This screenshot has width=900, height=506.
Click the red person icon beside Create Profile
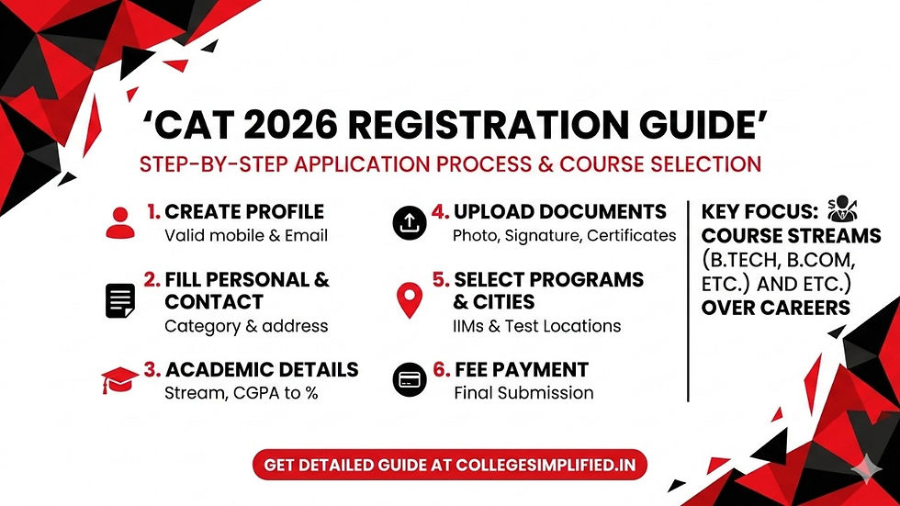pos(120,222)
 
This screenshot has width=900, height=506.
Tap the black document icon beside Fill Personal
pos(120,300)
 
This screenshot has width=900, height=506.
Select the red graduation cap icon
pos(120,379)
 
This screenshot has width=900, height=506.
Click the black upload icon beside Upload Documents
pos(409,221)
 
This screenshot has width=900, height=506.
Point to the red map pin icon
pos(409,300)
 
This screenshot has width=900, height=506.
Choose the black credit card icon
pos(409,378)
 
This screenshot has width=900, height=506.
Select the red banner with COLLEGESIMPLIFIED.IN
pos(450,465)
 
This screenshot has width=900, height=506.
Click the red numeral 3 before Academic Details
pos(152,370)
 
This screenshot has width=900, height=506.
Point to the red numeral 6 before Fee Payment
pos(441,370)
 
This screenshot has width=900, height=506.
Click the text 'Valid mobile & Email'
pos(245,235)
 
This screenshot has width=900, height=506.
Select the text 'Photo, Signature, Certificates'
pos(564,235)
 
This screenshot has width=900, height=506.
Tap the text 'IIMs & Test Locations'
pos(537,326)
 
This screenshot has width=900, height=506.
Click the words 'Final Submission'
pos(523,393)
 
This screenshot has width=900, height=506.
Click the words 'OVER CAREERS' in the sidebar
pos(774,308)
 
